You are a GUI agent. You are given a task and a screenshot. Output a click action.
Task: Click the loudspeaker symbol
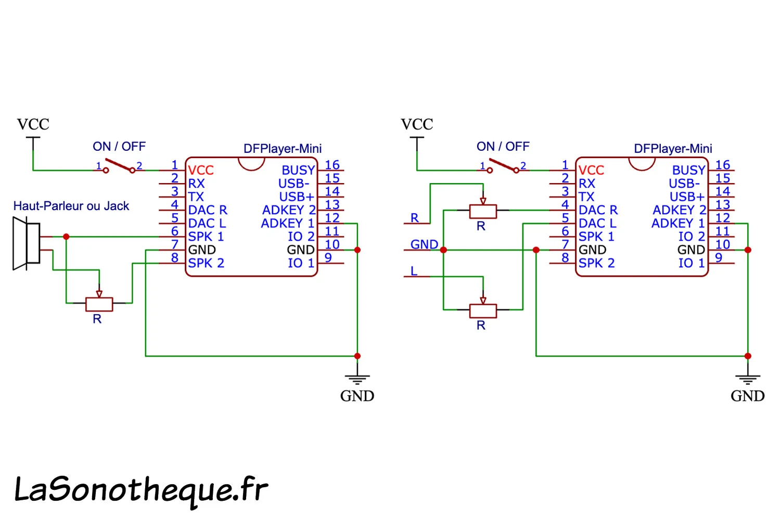tap(27, 243)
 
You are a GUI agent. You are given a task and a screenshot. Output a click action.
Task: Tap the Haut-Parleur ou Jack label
tap(71, 206)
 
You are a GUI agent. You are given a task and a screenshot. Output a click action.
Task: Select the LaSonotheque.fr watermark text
tap(140, 490)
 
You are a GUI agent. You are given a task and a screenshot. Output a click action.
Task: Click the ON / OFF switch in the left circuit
tap(119, 166)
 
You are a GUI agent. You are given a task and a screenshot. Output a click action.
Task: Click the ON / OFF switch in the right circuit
tap(503, 166)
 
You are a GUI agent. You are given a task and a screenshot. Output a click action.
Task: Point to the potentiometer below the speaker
tap(99, 303)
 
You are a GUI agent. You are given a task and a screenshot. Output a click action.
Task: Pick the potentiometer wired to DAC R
tap(483, 211)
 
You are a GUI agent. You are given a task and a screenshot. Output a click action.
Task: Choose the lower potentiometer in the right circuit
tap(483, 310)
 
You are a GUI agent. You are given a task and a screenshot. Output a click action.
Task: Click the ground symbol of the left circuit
tap(357, 380)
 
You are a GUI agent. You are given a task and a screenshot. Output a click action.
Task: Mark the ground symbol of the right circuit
tap(748, 380)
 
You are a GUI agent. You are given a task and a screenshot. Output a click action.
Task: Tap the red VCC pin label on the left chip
tap(201, 171)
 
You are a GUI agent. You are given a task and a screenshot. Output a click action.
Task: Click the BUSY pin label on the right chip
tap(688, 171)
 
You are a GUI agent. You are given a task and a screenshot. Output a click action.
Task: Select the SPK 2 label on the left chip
tap(206, 263)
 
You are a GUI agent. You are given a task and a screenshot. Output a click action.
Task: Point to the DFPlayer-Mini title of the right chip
tap(673, 149)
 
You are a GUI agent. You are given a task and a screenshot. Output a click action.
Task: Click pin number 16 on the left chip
tap(332, 165)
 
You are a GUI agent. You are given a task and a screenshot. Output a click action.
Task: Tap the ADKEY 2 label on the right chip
tap(679, 210)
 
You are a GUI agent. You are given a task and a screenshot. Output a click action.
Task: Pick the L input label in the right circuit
tap(414, 271)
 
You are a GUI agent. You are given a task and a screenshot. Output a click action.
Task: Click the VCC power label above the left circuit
tap(33, 125)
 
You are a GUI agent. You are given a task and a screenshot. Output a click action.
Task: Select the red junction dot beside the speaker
tap(66, 237)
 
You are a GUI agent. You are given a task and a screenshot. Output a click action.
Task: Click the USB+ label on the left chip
tap(297, 197)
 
